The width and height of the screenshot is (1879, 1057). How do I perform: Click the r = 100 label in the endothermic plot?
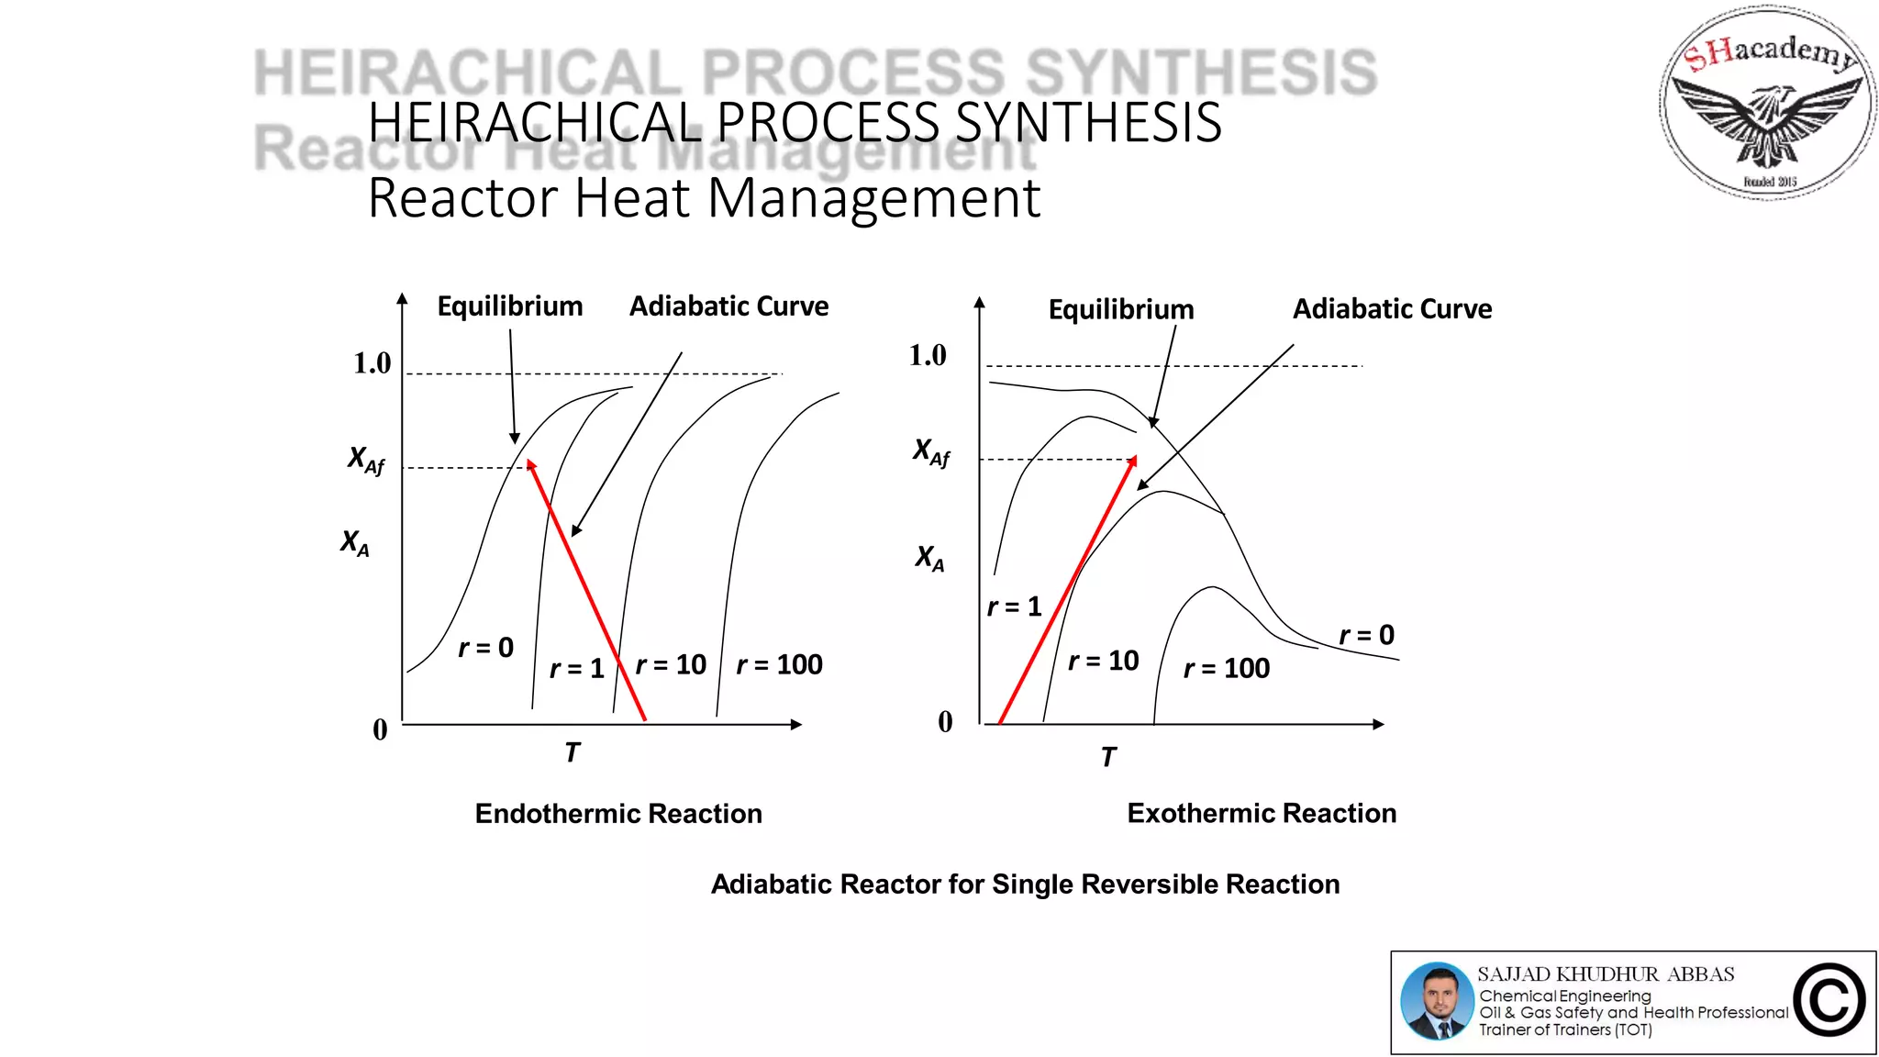pyautogui.click(x=779, y=664)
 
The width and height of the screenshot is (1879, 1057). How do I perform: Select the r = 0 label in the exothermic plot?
pyautogui.click(x=1366, y=635)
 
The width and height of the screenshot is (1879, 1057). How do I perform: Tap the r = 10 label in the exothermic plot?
pyautogui.click(x=1103, y=661)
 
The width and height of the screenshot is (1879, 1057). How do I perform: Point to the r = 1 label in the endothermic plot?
pyautogui.click(x=576, y=668)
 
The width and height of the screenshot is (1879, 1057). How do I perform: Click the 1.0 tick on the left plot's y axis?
pyautogui.click(x=372, y=363)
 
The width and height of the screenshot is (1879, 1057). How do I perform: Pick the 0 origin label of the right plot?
pyautogui.click(x=945, y=722)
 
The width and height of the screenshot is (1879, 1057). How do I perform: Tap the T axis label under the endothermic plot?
pyautogui.click(x=572, y=752)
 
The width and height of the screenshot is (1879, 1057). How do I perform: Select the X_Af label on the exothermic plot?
pyautogui.click(x=931, y=451)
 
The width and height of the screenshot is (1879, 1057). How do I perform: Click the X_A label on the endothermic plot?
pyautogui.click(x=354, y=543)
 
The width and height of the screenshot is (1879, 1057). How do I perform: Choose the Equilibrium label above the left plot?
pyautogui.click(x=509, y=306)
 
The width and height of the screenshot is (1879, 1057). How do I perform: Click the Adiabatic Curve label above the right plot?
pyautogui.click(x=1392, y=309)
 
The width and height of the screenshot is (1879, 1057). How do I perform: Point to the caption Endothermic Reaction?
pyautogui.click(x=618, y=814)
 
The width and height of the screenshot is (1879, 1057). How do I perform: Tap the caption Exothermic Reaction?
pyautogui.click(x=1262, y=813)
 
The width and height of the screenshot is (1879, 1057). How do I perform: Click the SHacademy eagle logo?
pyautogui.click(x=1767, y=103)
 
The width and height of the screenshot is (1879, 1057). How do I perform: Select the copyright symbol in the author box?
pyautogui.click(x=1829, y=1000)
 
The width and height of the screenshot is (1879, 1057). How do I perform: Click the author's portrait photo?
pyautogui.click(x=1437, y=1001)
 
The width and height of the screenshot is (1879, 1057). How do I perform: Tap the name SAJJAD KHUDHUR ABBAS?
pyautogui.click(x=1606, y=974)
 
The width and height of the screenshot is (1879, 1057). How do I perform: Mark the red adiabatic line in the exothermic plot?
pyautogui.click(x=1067, y=590)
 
